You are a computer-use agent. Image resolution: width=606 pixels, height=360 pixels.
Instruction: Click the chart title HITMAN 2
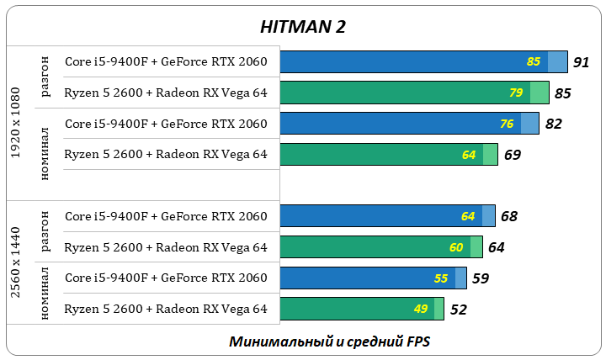pyautogui.click(x=303, y=27)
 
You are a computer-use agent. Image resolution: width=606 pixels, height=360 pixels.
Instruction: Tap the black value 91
pyautogui.click(x=581, y=62)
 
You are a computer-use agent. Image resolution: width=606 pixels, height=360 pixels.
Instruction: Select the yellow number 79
pyautogui.click(x=517, y=93)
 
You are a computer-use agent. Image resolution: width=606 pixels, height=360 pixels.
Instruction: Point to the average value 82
pyautogui.click(x=554, y=124)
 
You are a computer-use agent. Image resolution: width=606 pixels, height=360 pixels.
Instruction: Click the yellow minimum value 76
pyautogui.click(x=507, y=124)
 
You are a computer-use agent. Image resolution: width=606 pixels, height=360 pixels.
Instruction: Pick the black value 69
pyautogui.click(x=513, y=155)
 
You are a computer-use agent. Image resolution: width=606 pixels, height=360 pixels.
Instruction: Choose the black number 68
pyautogui.click(x=509, y=216)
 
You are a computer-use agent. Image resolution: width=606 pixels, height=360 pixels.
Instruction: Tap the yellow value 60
pyautogui.click(x=456, y=247)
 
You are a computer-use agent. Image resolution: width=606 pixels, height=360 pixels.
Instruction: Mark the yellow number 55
pyautogui.click(x=441, y=278)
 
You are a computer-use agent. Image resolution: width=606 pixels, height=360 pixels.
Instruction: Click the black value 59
pyautogui.click(x=480, y=278)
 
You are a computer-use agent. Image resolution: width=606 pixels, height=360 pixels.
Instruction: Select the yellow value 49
pyautogui.click(x=421, y=309)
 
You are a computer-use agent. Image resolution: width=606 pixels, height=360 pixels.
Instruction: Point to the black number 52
pyautogui.click(x=459, y=310)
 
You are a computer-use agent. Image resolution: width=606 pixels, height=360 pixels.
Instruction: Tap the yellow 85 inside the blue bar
pyautogui.click(x=534, y=62)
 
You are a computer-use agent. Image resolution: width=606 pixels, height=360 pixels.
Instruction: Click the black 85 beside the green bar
pyautogui.click(x=563, y=93)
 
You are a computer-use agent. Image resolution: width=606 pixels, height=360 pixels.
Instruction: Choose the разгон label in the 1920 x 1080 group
pyautogui.click(x=45, y=77)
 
